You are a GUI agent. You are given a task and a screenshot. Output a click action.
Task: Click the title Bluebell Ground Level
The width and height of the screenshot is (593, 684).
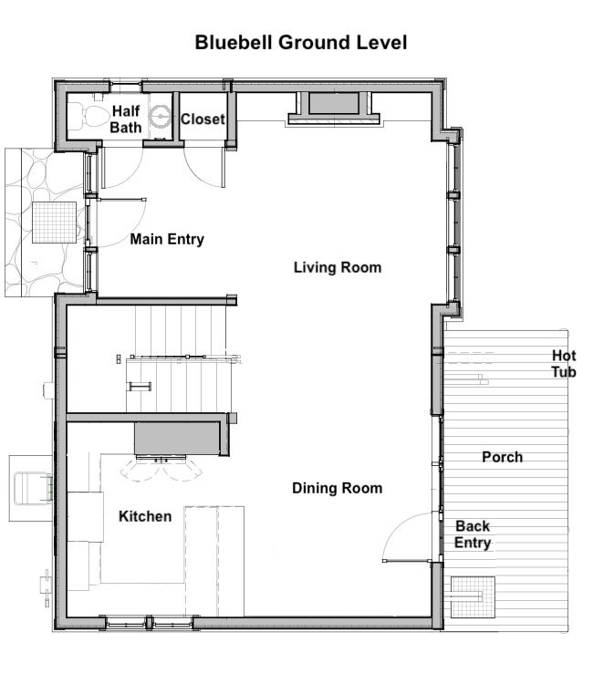[x=301, y=43]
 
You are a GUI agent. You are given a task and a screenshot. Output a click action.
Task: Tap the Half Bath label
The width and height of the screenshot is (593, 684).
[x=126, y=119]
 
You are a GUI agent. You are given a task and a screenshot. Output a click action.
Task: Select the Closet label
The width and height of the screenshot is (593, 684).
[x=203, y=119]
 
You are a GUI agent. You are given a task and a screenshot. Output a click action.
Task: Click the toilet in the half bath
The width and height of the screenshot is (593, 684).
[x=89, y=117]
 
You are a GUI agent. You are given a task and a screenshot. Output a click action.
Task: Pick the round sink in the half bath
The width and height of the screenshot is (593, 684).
[x=160, y=117]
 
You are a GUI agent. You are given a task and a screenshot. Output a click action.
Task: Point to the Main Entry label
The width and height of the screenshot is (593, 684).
[x=167, y=239]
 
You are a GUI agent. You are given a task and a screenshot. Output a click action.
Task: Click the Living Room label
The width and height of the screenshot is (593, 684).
[x=338, y=267]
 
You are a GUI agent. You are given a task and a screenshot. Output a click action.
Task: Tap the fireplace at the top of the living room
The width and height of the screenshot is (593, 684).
[x=334, y=109]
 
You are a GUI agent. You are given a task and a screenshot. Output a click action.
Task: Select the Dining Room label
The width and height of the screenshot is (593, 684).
[x=338, y=488]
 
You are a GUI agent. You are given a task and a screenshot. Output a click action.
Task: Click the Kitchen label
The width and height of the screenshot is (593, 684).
[x=145, y=516]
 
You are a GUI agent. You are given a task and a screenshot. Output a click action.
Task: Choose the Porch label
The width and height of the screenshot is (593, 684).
[x=503, y=457]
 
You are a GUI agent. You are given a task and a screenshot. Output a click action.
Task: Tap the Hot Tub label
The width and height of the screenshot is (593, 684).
[x=564, y=364]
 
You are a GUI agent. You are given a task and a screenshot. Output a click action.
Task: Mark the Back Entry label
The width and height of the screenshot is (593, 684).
[x=473, y=534]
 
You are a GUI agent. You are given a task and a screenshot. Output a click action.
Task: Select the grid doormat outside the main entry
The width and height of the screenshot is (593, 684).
[x=54, y=223]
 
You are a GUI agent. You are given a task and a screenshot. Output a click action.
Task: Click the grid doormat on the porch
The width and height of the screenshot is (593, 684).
[x=473, y=596]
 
